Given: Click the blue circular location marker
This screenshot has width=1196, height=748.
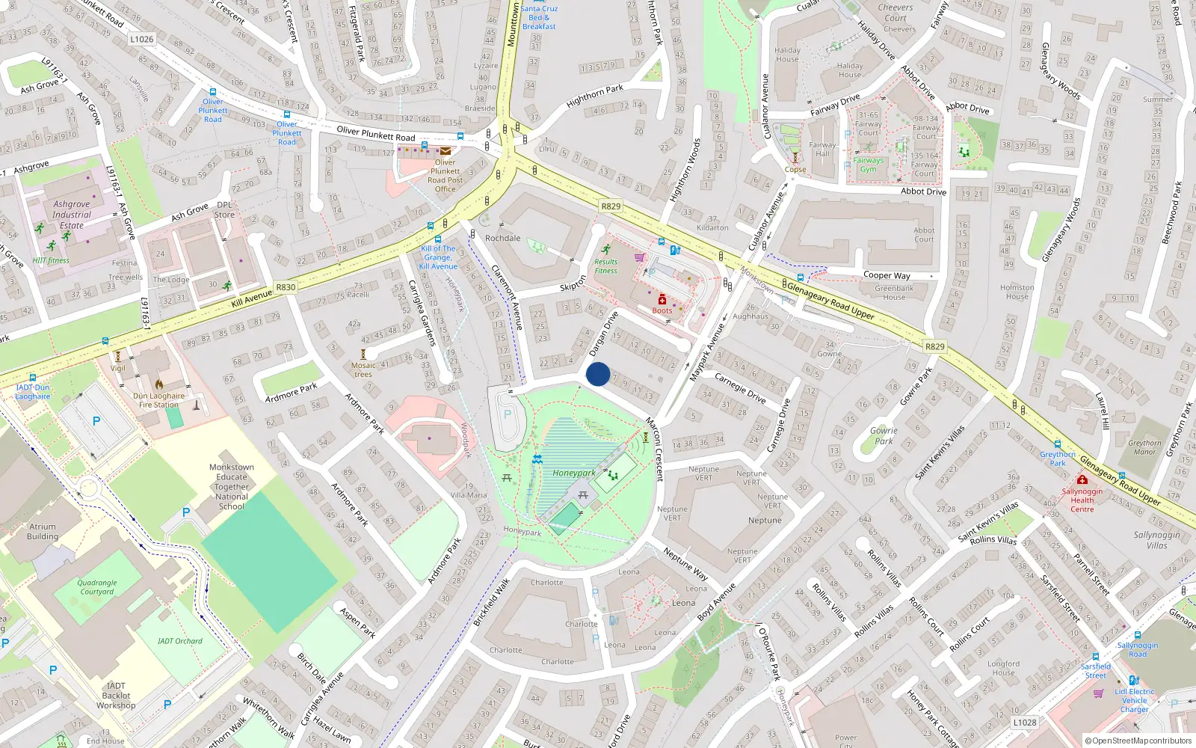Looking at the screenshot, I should click(598, 374).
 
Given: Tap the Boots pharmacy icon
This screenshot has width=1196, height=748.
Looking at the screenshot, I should click(662, 300).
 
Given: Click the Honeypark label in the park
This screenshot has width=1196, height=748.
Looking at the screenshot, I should click(574, 473).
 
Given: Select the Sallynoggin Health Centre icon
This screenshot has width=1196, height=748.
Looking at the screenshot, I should click(1082, 479).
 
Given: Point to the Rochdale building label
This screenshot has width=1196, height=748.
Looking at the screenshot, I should click(503, 238).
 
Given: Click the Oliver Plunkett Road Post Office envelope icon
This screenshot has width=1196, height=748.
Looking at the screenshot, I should click(445, 151).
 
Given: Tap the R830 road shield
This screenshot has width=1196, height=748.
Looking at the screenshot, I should click(286, 287).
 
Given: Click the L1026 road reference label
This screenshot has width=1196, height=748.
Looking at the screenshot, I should click(141, 40).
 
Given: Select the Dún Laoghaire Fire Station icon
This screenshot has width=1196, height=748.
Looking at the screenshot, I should click(159, 384).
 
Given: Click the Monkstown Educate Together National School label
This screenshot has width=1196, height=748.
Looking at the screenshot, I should click(232, 486).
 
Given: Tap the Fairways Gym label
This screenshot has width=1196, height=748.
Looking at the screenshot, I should click(868, 165).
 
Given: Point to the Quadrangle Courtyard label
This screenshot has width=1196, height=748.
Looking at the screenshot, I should click(97, 587).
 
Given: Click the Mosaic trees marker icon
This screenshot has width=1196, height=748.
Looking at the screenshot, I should click(364, 354).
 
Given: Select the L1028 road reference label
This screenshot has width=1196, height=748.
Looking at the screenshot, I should click(1025, 723).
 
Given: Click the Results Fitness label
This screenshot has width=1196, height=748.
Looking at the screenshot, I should click(606, 266).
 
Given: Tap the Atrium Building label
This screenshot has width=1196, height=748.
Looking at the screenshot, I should click(43, 531).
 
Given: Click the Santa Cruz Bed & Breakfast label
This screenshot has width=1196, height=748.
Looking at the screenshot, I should click(539, 17).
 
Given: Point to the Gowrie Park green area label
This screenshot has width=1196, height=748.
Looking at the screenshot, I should click(884, 435).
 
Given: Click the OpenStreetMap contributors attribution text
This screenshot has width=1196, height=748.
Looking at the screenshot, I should click(1139, 741).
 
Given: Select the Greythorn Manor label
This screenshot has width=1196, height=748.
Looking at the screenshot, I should click(1144, 447).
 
